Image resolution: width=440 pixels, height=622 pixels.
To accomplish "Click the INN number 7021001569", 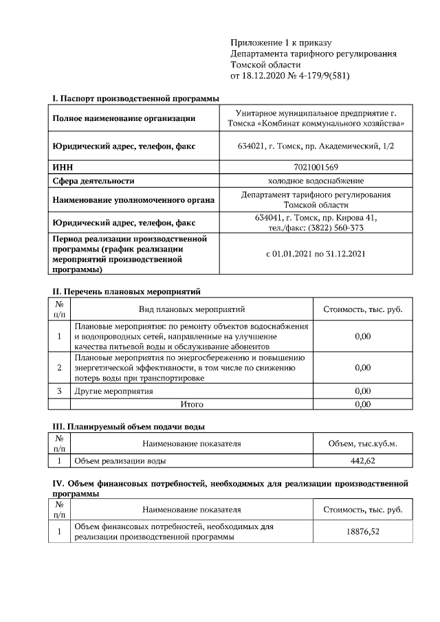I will point(316,166).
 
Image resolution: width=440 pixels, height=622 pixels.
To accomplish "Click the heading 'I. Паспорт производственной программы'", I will point(131,99).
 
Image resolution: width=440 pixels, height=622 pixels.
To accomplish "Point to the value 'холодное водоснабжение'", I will point(316,181).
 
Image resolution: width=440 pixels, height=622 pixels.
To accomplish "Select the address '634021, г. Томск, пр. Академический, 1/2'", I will point(316,146).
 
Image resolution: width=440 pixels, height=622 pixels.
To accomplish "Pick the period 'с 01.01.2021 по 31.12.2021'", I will point(316,253).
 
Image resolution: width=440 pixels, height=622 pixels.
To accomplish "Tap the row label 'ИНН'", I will point(63,166).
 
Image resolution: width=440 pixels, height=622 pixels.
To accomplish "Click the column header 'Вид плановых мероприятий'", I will point(192,309).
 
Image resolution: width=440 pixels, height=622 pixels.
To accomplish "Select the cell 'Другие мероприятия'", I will point(113,391).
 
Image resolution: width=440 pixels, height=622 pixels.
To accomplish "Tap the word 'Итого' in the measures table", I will point(192,404).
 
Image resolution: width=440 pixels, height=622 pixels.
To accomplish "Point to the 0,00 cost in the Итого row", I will point(362,404).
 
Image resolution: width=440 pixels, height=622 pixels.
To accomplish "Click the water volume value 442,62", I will point(362,460).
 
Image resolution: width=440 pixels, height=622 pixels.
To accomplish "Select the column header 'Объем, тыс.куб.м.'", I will point(362,443).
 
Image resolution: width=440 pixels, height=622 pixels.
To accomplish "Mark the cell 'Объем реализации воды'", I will point(120,460).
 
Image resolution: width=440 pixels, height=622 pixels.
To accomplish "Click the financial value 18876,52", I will point(362,531).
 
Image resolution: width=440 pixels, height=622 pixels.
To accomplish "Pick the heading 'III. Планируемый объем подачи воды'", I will point(129,427).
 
